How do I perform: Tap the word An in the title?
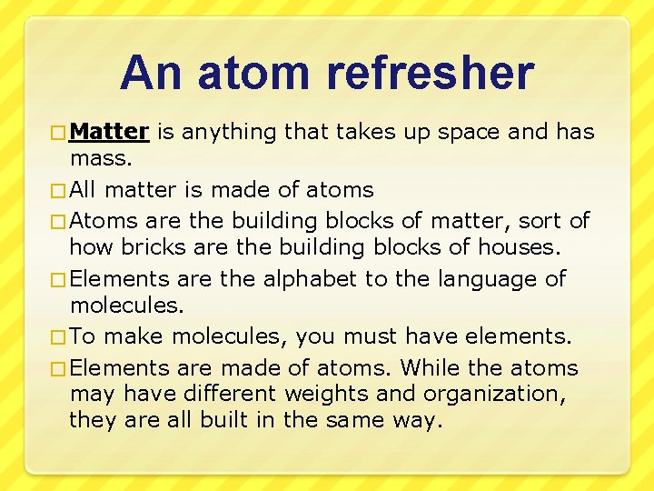(149, 74)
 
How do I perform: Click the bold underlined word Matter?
(108, 132)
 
